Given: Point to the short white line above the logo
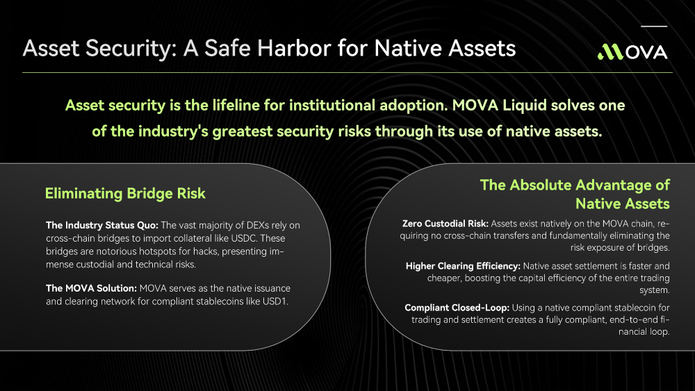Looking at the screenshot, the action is [654, 26].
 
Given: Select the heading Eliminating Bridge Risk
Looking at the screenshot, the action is [125, 194].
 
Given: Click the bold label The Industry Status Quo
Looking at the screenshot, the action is [102, 225].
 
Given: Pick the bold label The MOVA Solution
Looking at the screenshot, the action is [91, 288].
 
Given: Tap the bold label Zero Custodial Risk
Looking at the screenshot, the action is [445, 224].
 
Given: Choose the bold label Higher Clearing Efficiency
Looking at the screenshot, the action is [463, 266].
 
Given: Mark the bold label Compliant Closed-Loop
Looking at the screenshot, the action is [457, 308].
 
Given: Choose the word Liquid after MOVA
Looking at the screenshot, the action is [524, 106].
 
